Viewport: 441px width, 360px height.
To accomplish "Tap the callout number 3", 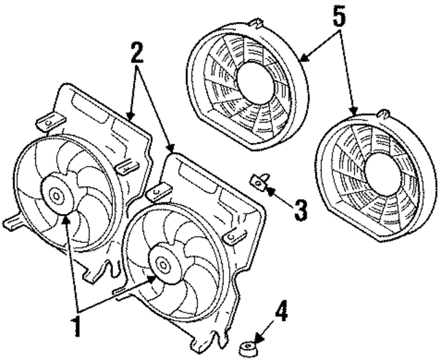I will pos(298,209).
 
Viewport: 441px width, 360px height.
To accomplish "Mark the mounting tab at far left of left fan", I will pos(13,222).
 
